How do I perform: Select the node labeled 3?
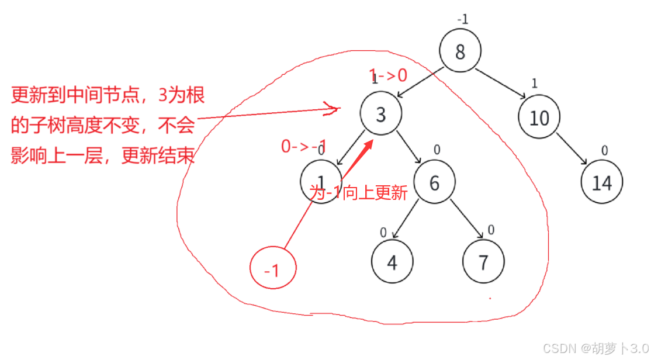click(380, 114)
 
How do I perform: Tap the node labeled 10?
click(539, 118)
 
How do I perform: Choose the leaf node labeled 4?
click(392, 262)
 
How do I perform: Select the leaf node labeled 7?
click(483, 262)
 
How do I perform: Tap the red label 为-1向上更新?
click(358, 193)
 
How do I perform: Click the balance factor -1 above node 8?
click(462, 19)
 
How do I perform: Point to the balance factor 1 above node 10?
click(534, 83)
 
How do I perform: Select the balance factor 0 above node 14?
click(605, 151)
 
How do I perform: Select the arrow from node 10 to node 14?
click(572, 150)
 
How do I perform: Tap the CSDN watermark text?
click(595, 348)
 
